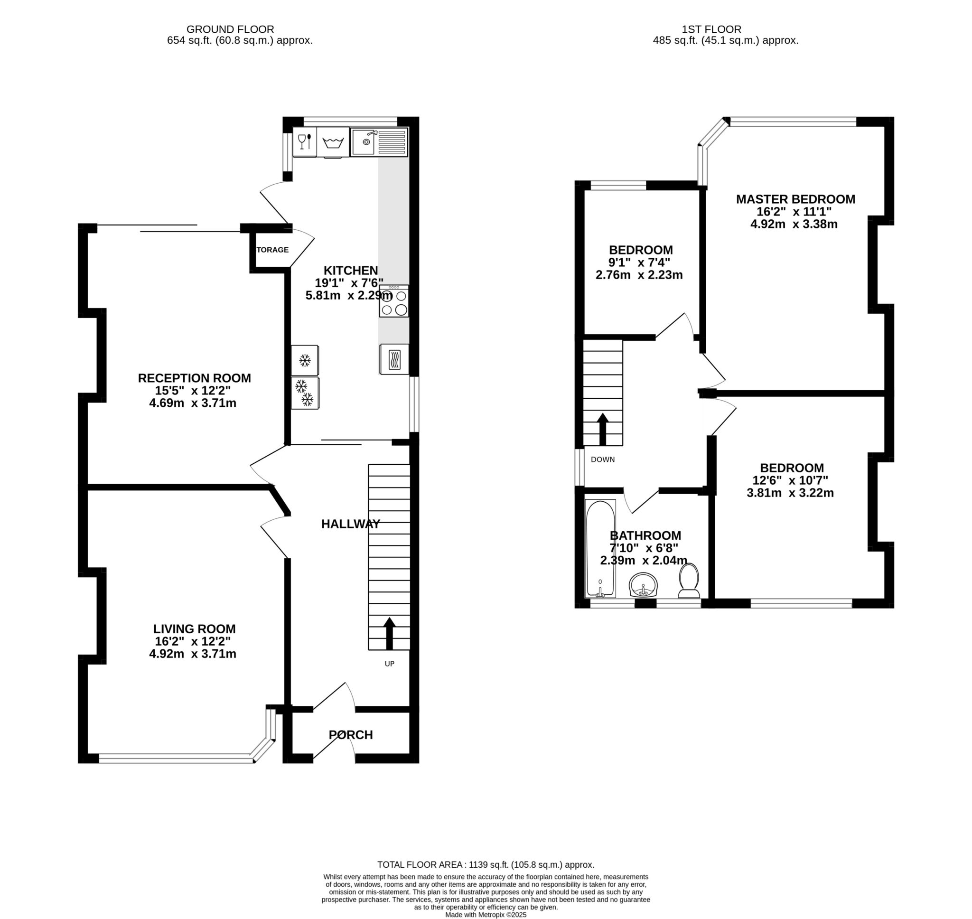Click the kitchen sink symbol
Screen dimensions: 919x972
coord(378,142)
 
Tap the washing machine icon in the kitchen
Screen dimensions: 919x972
coord(333,142)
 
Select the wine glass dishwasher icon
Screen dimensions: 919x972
coord(305,141)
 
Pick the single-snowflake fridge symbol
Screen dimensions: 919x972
coord(305,361)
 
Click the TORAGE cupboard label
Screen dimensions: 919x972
coord(272,250)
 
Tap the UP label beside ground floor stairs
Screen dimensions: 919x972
coord(389,664)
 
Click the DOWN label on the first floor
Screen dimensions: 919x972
coord(602,459)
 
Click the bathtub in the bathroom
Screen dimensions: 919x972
coord(600,549)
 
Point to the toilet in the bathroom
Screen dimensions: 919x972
coord(689,581)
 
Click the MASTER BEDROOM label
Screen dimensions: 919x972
coord(795,199)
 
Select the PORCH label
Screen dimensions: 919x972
coord(351,735)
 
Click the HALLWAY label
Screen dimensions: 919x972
coord(351,524)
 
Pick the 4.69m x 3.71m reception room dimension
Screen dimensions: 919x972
coord(193,403)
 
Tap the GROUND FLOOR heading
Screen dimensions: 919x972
coord(230,29)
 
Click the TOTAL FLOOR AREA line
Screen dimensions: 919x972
coord(486,864)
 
